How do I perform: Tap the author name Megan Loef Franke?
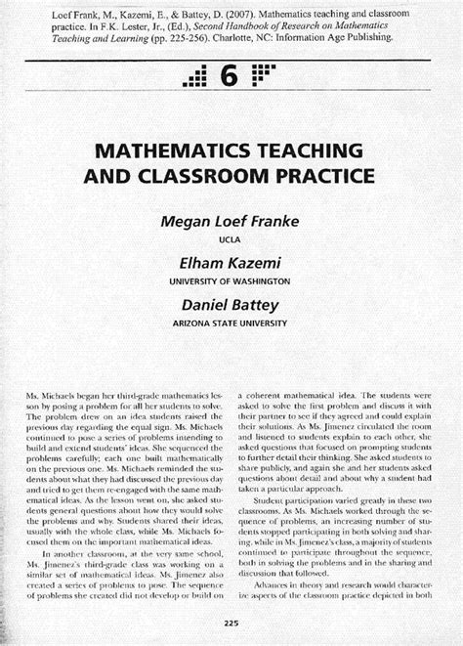point(231,220)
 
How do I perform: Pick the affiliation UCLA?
point(231,237)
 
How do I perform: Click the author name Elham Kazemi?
point(231,261)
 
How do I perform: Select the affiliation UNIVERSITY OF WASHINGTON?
point(231,279)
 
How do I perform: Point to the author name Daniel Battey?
point(231,303)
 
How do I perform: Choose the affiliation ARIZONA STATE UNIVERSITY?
point(231,321)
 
